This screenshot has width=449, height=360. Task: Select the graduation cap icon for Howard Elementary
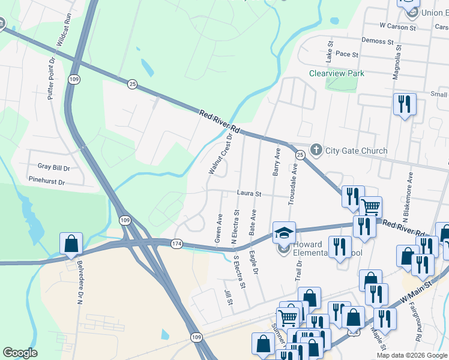(x=284, y=232)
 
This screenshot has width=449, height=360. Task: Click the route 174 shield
(x=176, y=244)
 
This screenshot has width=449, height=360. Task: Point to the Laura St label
(x=250, y=194)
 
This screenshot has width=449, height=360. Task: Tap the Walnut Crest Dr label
(x=220, y=154)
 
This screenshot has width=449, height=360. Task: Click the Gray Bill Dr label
(x=54, y=167)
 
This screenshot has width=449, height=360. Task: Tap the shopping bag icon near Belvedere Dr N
(x=71, y=244)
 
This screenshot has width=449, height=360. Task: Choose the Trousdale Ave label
(x=292, y=187)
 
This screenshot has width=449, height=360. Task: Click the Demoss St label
(x=377, y=41)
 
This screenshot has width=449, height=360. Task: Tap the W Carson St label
(x=397, y=27)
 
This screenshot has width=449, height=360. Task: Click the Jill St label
(x=229, y=297)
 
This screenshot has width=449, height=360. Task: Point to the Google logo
(x=20, y=353)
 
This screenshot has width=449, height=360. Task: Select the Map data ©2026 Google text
(x=411, y=355)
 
